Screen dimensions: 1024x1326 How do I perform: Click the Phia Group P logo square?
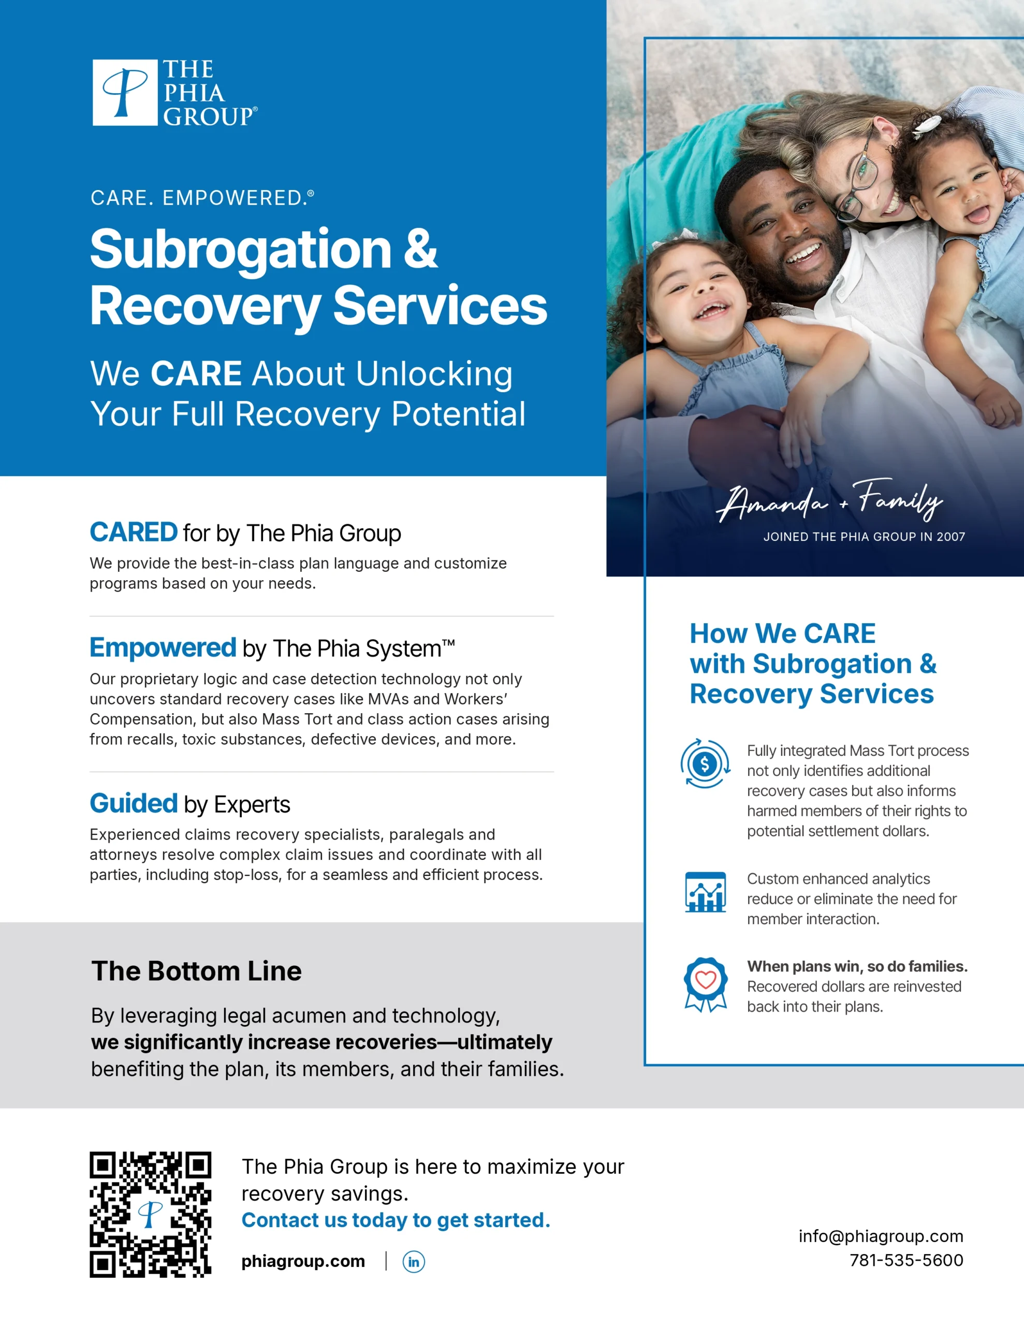[x=125, y=92]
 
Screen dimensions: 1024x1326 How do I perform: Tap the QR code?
[x=151, y=1214]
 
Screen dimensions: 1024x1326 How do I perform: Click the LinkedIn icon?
[x=413, y=1262]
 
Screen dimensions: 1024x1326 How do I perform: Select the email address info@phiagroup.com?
[x=881, y=1236]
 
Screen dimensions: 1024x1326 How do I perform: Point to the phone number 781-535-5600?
[x=906, y=1260]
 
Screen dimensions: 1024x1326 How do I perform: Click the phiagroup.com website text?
[x=303, y=1262]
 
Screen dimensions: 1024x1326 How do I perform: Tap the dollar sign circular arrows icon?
[x=705, y=764]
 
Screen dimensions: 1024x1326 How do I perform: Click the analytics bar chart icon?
[x=705, y=892]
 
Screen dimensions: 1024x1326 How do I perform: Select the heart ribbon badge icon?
[x=705, y=984]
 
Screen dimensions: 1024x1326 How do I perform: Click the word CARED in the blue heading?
[x=134, y=532]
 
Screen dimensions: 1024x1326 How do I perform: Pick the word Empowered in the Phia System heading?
[x=163, y=648]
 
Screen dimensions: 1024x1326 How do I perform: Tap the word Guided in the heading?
[x=134, y=803]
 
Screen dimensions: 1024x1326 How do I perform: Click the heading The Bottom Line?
[x=196, y=971]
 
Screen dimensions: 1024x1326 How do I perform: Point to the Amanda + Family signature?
[x=829, y=500]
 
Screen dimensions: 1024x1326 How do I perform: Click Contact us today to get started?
[x=396, y=1220]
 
